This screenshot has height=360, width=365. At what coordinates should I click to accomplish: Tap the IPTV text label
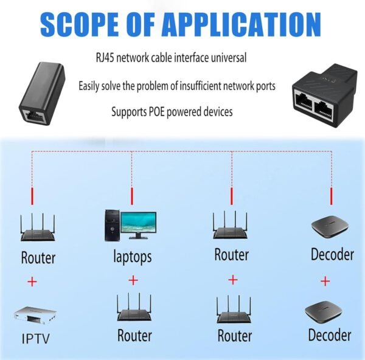37,339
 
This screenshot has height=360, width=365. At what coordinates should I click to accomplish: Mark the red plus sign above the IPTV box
32,282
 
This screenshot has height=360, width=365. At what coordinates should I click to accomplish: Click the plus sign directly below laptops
133,280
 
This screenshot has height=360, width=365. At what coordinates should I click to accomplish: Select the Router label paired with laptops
134,335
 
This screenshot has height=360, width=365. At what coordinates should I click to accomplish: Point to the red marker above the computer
131,196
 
